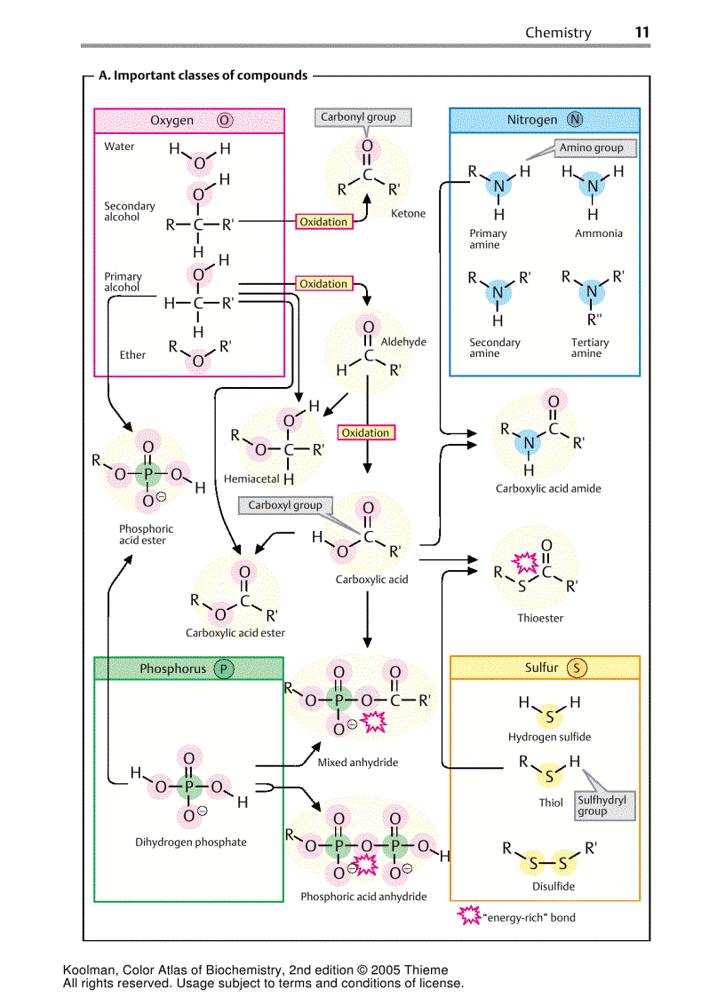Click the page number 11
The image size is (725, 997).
tap(641, 32)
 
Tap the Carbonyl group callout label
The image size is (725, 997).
tap(357, 117)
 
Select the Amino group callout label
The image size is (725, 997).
tap(591, 148)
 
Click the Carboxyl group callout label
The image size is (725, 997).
tap(284, 505)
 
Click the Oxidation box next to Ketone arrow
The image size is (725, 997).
tap(323, 222)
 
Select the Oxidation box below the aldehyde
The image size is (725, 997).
tap(365, 432)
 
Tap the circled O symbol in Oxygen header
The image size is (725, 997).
tap(223, 121)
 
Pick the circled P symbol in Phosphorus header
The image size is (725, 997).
tap(222, 669)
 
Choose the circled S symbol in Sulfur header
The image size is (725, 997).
tap(578, 668)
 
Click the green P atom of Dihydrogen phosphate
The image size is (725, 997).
tap(189, 786)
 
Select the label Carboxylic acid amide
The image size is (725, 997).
tap(547, 488)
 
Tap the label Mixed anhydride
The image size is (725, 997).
tap(357, 762)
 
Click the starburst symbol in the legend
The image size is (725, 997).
tap(468, 916)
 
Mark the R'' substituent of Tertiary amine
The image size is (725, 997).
tap(592, 319)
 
